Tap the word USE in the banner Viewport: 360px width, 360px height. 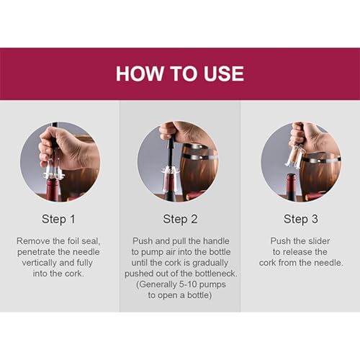[x=224, y=73]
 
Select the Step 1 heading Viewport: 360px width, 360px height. [x=58, y=219]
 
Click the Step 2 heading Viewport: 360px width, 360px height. [x=180, y=219]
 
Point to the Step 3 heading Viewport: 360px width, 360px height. [x=301, y=219]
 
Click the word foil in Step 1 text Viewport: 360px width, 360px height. [x=73, y=241]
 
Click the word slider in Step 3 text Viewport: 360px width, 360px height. [x=318, y=241]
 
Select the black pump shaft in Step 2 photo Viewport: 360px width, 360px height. [x=171, y=151]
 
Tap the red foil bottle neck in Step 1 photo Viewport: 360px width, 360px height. [x=53, y=189]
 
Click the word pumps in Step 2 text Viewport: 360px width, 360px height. [x=212, y=284]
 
